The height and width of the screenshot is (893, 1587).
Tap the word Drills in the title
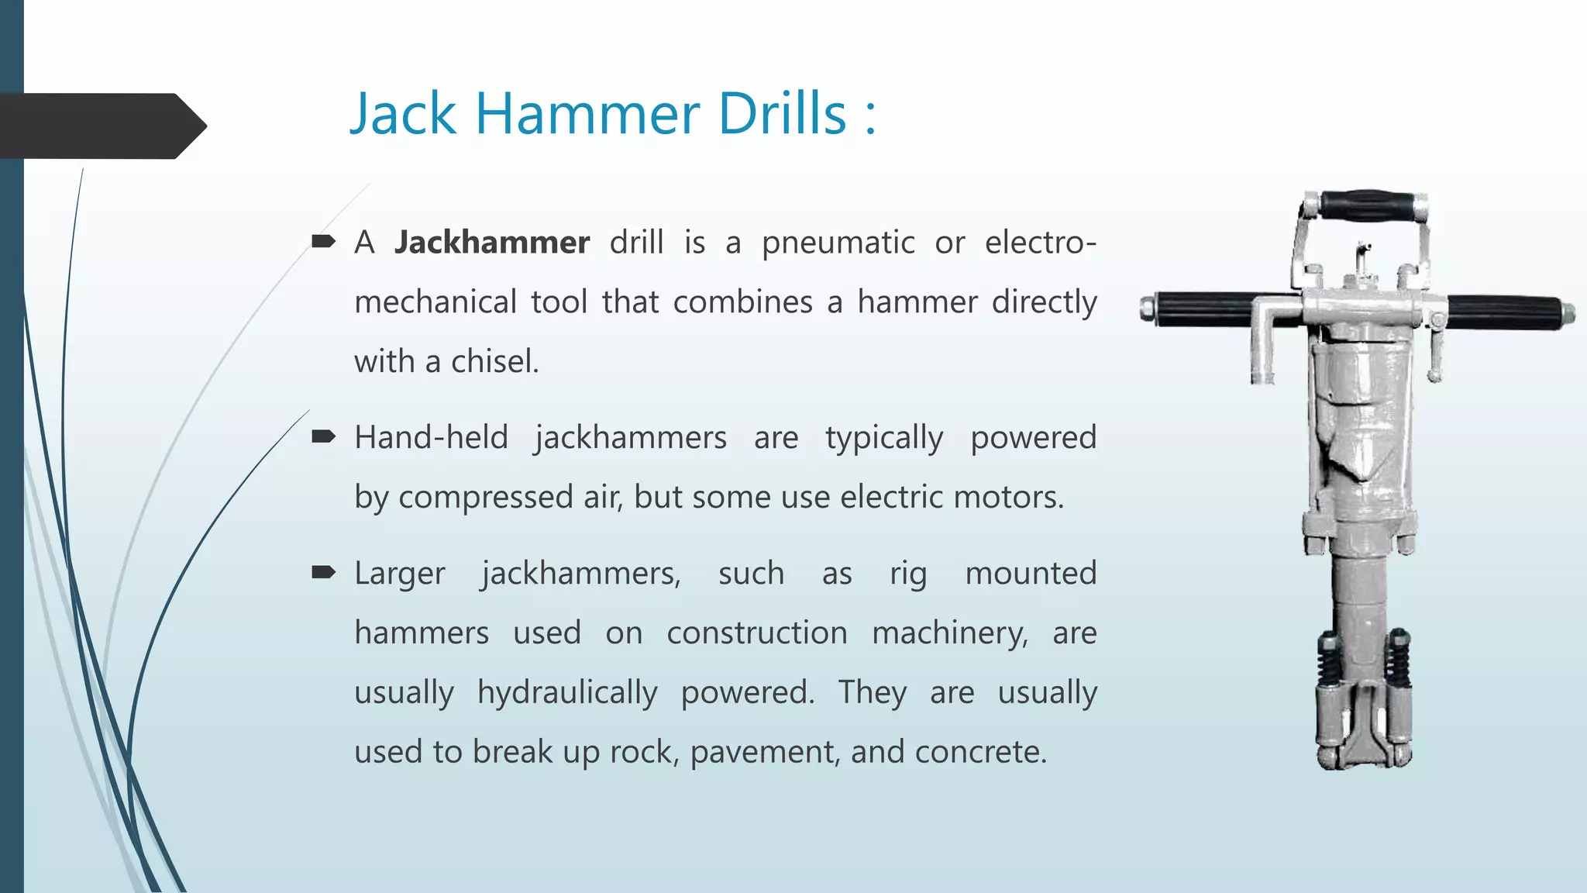[782, 114]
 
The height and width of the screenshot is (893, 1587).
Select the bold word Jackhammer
[492, 243]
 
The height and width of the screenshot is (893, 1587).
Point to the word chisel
[494, 361]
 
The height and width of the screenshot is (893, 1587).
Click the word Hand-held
[431, 437]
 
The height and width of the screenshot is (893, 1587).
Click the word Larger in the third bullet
[400, 574]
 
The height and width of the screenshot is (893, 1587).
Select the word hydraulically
[567, 693]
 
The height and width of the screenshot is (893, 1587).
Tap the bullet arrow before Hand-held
[323, 437]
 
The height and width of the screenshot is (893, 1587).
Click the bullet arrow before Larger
[323, 573]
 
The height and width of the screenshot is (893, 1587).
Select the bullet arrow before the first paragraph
[323, 242]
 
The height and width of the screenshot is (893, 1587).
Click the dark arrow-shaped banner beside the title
[101, 126]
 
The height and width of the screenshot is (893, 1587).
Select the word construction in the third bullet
[757, 633]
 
